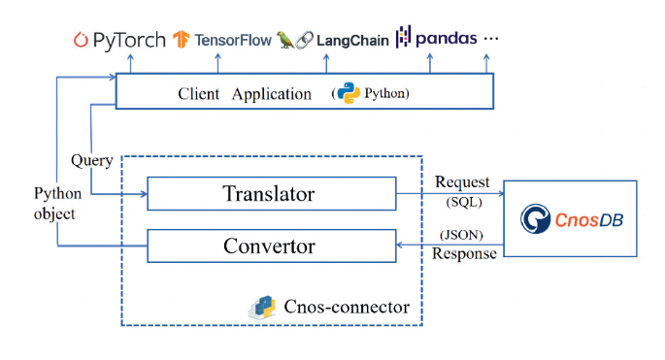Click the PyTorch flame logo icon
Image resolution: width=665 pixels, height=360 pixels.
coord(83,40)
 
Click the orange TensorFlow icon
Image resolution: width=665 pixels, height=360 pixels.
coord(181,40)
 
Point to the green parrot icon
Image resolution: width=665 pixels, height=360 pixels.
coord(285,39)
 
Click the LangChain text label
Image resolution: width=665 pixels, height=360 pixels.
coord(354,40)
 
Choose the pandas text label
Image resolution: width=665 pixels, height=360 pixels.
coord(446,39)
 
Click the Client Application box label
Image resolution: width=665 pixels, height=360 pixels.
coord(245,94)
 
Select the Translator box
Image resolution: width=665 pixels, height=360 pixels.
coord(270,193)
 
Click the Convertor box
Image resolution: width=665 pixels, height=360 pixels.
coord(270,245)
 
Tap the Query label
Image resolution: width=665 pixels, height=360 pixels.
coord(91,160)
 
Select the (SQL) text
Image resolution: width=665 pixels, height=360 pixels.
coord(463,202)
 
